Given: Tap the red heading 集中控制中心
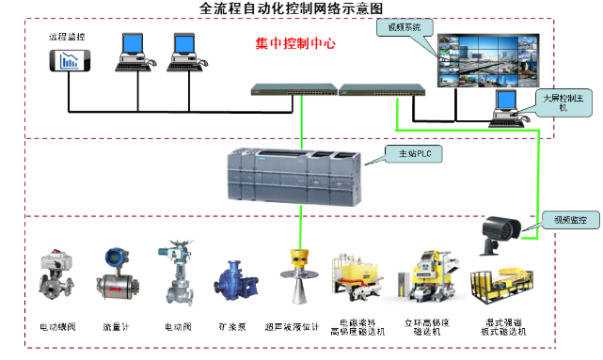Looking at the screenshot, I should pyautogui.click(x=295, y=44).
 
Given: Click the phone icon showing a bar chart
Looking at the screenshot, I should pyautogui.click(x=70, y=61).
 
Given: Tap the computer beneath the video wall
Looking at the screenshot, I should pyautogui.click(x=508, y=106).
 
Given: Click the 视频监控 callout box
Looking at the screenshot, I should pyautogui.click(x=563, y=220).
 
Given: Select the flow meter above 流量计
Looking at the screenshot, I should pyautogui.click(x=117, y=274).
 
